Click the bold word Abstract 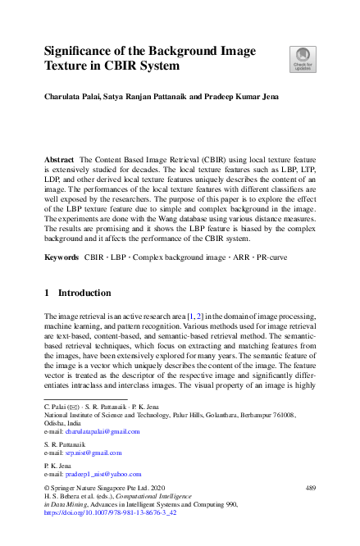[x=60, y=157]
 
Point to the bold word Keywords [x=62, y=257]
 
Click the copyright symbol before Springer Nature [x=46, y=488]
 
